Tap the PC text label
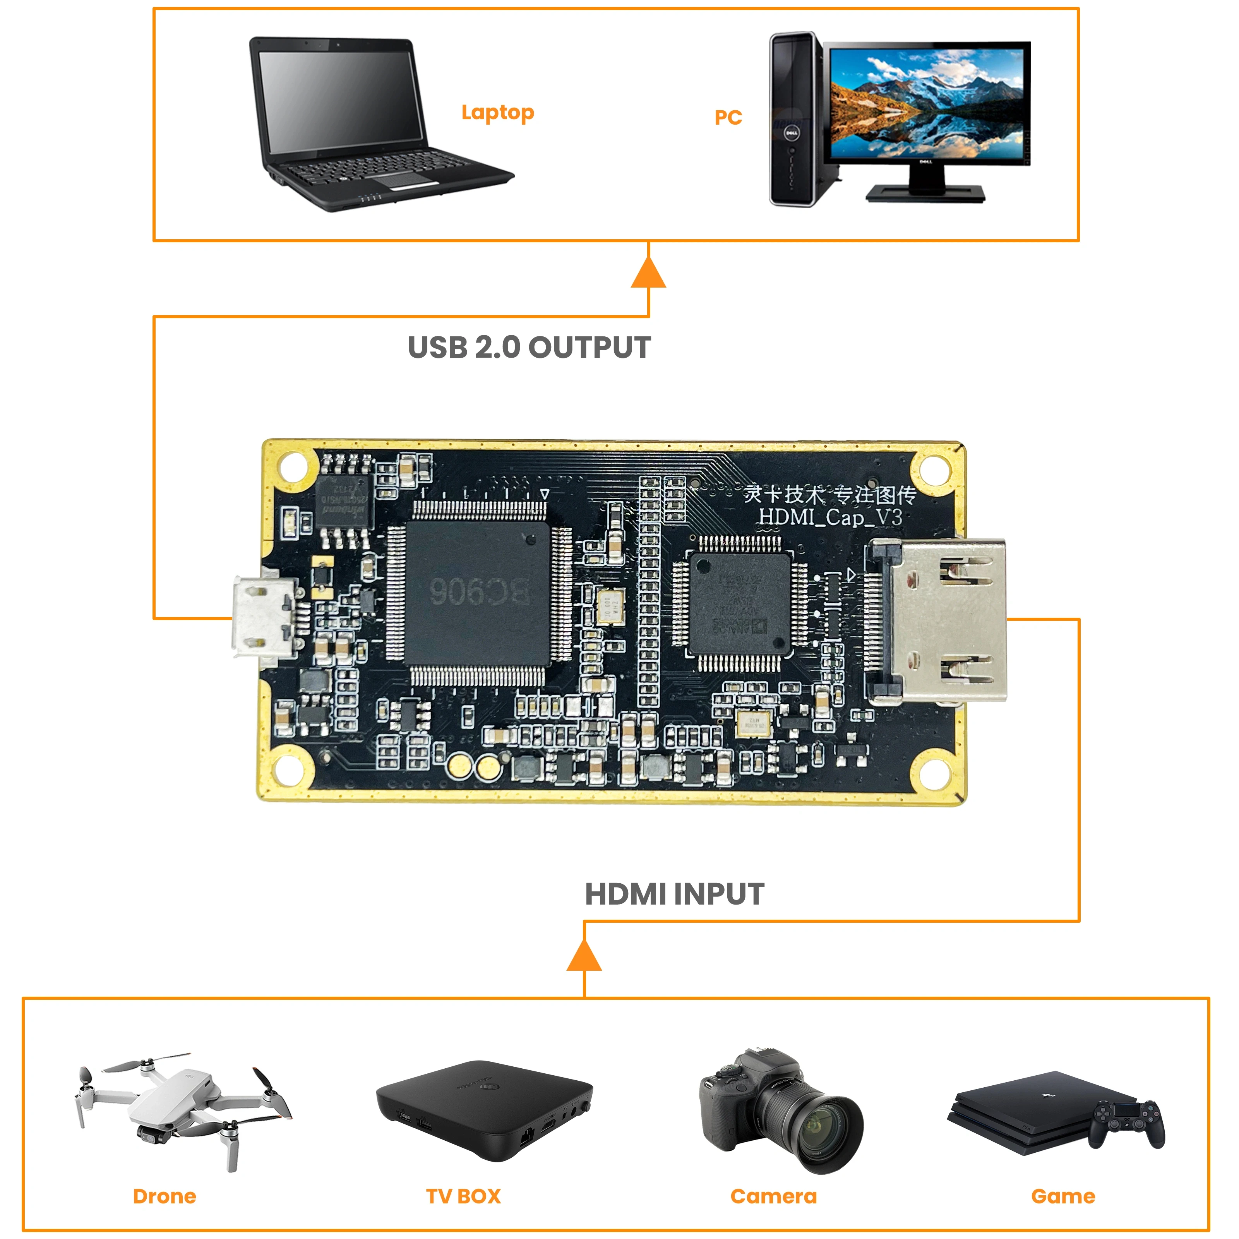728,117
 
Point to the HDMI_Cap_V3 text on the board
830,517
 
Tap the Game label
1062,1196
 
